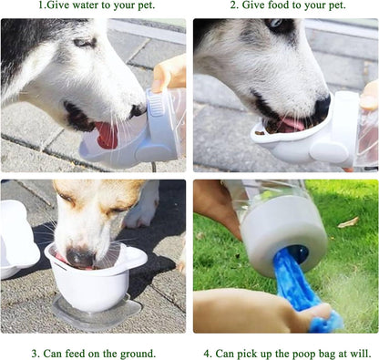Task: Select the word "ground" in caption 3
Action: click(x=136, y=353)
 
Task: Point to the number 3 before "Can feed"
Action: click(x=34, y=353)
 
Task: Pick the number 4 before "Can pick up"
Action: click(x=207, y=353)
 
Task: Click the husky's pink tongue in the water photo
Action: click(x=107, y=136)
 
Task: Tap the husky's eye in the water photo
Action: click(x=84, y=43)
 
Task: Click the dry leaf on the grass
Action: click(x=348, y=221)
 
